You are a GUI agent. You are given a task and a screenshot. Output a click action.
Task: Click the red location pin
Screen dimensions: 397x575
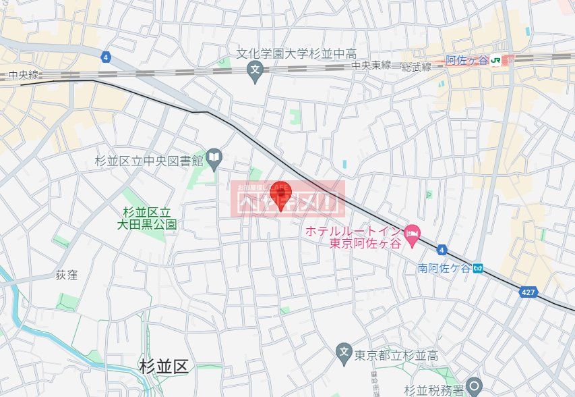point(280,194)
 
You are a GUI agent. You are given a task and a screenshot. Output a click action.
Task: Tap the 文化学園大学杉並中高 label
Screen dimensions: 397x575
point(296,53)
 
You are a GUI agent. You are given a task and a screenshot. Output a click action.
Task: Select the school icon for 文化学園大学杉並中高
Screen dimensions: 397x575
point(255,70)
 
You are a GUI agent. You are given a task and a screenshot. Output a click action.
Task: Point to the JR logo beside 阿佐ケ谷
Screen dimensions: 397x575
point(497,60)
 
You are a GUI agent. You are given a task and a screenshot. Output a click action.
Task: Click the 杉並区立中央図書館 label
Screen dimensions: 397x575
point(149,161)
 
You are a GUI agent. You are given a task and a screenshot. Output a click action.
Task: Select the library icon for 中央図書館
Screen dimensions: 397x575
point(214,157)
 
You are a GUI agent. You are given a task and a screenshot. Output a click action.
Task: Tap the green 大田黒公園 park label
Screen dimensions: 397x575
point(150,218)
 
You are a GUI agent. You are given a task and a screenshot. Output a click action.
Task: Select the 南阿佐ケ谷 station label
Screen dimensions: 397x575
point(442,267)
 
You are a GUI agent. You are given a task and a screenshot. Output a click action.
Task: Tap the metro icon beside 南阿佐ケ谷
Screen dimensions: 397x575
point(478,267)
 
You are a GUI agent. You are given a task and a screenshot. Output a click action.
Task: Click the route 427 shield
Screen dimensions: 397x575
point(528,292)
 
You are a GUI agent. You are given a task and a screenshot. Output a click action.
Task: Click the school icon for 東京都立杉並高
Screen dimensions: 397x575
point(343,352)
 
